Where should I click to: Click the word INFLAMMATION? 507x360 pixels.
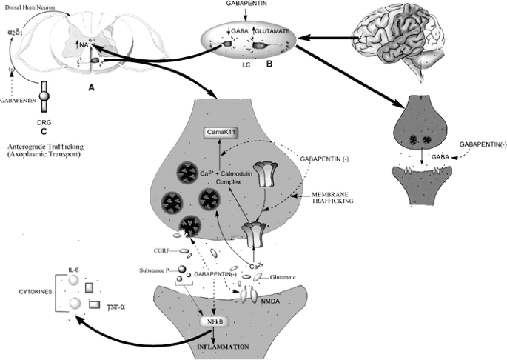226,346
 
